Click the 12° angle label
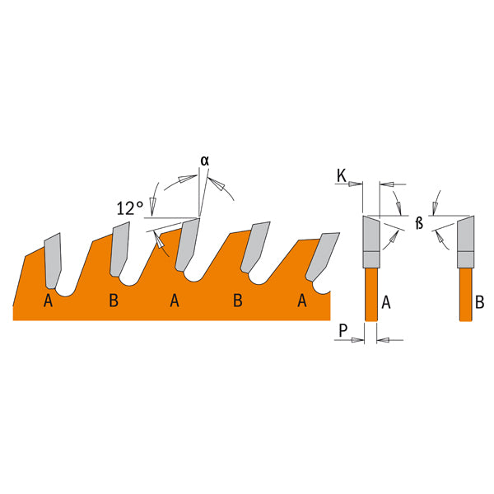130,208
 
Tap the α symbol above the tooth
205,161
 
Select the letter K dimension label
342,176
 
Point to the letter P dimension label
343,330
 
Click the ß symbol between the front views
419,223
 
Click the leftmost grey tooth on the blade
53,261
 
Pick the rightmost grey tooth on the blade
322,256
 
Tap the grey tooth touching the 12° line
188,245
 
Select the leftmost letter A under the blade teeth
48,301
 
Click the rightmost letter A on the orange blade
302,301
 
